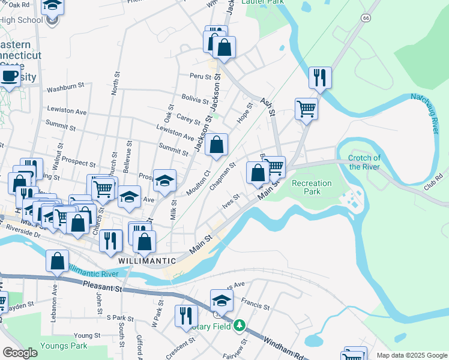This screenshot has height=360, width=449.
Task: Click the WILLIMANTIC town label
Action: pyautogui.click(x=147, y=261)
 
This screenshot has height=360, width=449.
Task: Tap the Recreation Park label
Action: pyautogui.click(x=311, y=187)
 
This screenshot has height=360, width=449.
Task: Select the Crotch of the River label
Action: pyautogui.click(x=364, y=162)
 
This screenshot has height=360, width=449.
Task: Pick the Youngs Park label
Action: pyautogui.click(x=64, y=346)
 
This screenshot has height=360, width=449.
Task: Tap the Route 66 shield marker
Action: pyautogui.click(x=365, y=18)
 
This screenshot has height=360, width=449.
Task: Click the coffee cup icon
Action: pyautogui.click(x=8, y=77)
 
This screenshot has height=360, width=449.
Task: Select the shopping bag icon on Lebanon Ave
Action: pyautogui.click(x=57, y=262)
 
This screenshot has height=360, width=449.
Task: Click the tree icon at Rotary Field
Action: pyautogui.click(x=240, y=325)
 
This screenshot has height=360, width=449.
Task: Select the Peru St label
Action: pyautogui.click(x=201, y=77)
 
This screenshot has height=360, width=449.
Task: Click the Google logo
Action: pyautogui.click(x=20, y=353)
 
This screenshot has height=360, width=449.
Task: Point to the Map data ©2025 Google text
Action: pyautogui.click(x=411, y=355)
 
